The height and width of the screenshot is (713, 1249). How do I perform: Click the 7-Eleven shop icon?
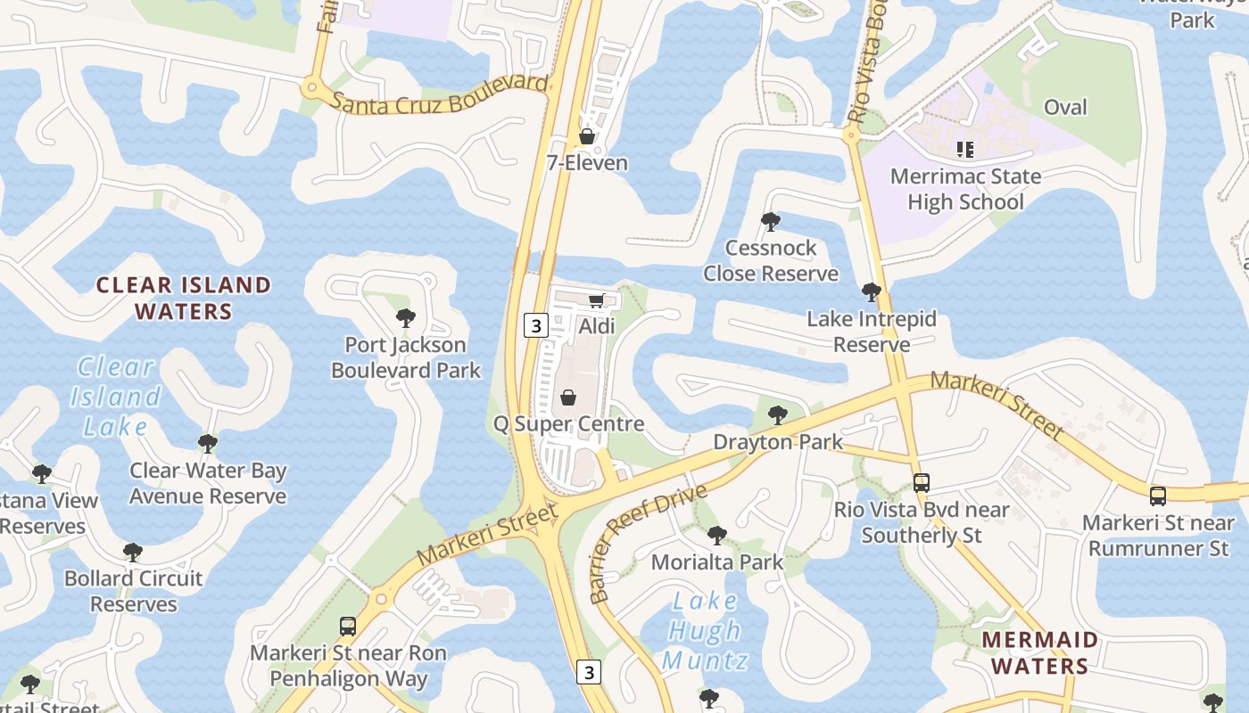[587, 136]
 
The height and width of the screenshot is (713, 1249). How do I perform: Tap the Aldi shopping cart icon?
[597, 300]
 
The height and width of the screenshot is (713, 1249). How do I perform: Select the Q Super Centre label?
[568, 423]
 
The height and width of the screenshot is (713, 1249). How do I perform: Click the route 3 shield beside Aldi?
[534, 325]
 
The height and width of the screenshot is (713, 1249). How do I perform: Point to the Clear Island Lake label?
[116, 397]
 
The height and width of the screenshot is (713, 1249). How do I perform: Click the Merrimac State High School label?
[965, 189]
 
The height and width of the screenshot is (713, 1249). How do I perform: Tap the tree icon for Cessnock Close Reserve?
[771, 221]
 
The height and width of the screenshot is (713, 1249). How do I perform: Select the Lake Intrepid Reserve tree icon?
[871, 291]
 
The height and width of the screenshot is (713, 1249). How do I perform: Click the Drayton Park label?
[778, 442]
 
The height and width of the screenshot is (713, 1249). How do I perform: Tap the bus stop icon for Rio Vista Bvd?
[922, 483]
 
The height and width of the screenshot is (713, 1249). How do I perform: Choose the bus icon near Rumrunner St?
[1158, 496]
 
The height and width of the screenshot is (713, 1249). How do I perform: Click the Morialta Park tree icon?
[716, 536]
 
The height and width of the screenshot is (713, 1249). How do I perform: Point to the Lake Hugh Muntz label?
[704, 631]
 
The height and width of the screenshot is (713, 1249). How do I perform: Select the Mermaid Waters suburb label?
[1039, 652]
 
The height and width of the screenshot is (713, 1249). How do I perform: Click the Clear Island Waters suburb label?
[183, 298]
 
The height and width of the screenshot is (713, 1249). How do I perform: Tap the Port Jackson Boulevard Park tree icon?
[406, 317]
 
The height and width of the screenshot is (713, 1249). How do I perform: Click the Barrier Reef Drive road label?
[648, 542]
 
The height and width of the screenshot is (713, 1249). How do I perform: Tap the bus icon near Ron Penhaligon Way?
[348, 627]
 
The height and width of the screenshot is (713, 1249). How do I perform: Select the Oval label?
[1065, 107]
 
